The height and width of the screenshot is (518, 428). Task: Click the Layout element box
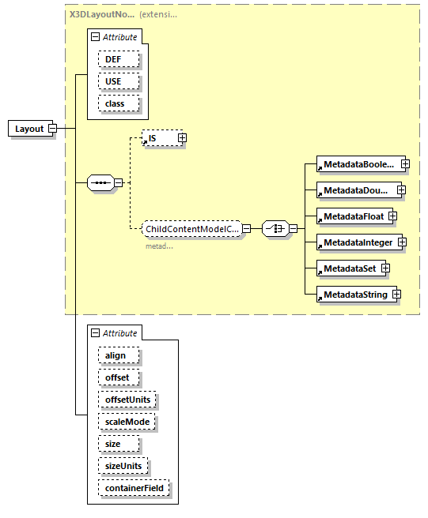29,129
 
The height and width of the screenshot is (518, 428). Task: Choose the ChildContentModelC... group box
191,229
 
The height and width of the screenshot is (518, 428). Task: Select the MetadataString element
354,295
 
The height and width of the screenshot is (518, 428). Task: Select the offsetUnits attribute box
127,400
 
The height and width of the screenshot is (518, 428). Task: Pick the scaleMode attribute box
127,422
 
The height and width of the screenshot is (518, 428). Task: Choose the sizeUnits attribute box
125,466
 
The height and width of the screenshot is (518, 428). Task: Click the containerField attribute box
134,489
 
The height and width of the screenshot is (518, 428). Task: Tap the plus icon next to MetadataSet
386,268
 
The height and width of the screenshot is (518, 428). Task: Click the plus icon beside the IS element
182,138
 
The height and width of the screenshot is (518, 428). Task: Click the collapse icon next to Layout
52,129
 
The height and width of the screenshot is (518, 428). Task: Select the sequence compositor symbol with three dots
100,182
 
